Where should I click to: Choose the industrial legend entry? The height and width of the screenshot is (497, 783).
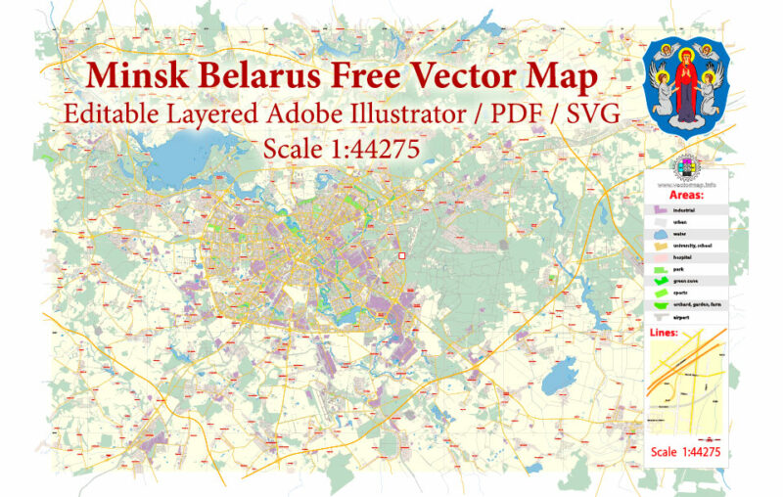click(x=682, y=209)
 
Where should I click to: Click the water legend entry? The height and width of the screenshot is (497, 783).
click(x=679, y=234)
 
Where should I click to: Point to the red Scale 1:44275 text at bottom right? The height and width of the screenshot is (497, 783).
click(x=685, y=452)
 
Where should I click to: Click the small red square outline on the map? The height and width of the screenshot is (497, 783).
click(x=401, y=257)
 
